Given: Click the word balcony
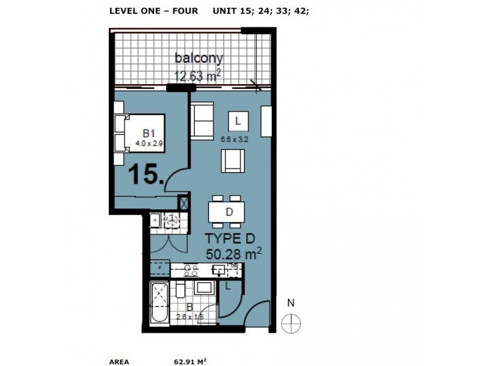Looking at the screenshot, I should pyautogui.click(x=199, y=59).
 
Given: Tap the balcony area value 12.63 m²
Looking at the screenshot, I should pyautogui.click(x=197, y=76).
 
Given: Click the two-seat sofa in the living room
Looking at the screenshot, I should pyautogui.click(x=202, y=121).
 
